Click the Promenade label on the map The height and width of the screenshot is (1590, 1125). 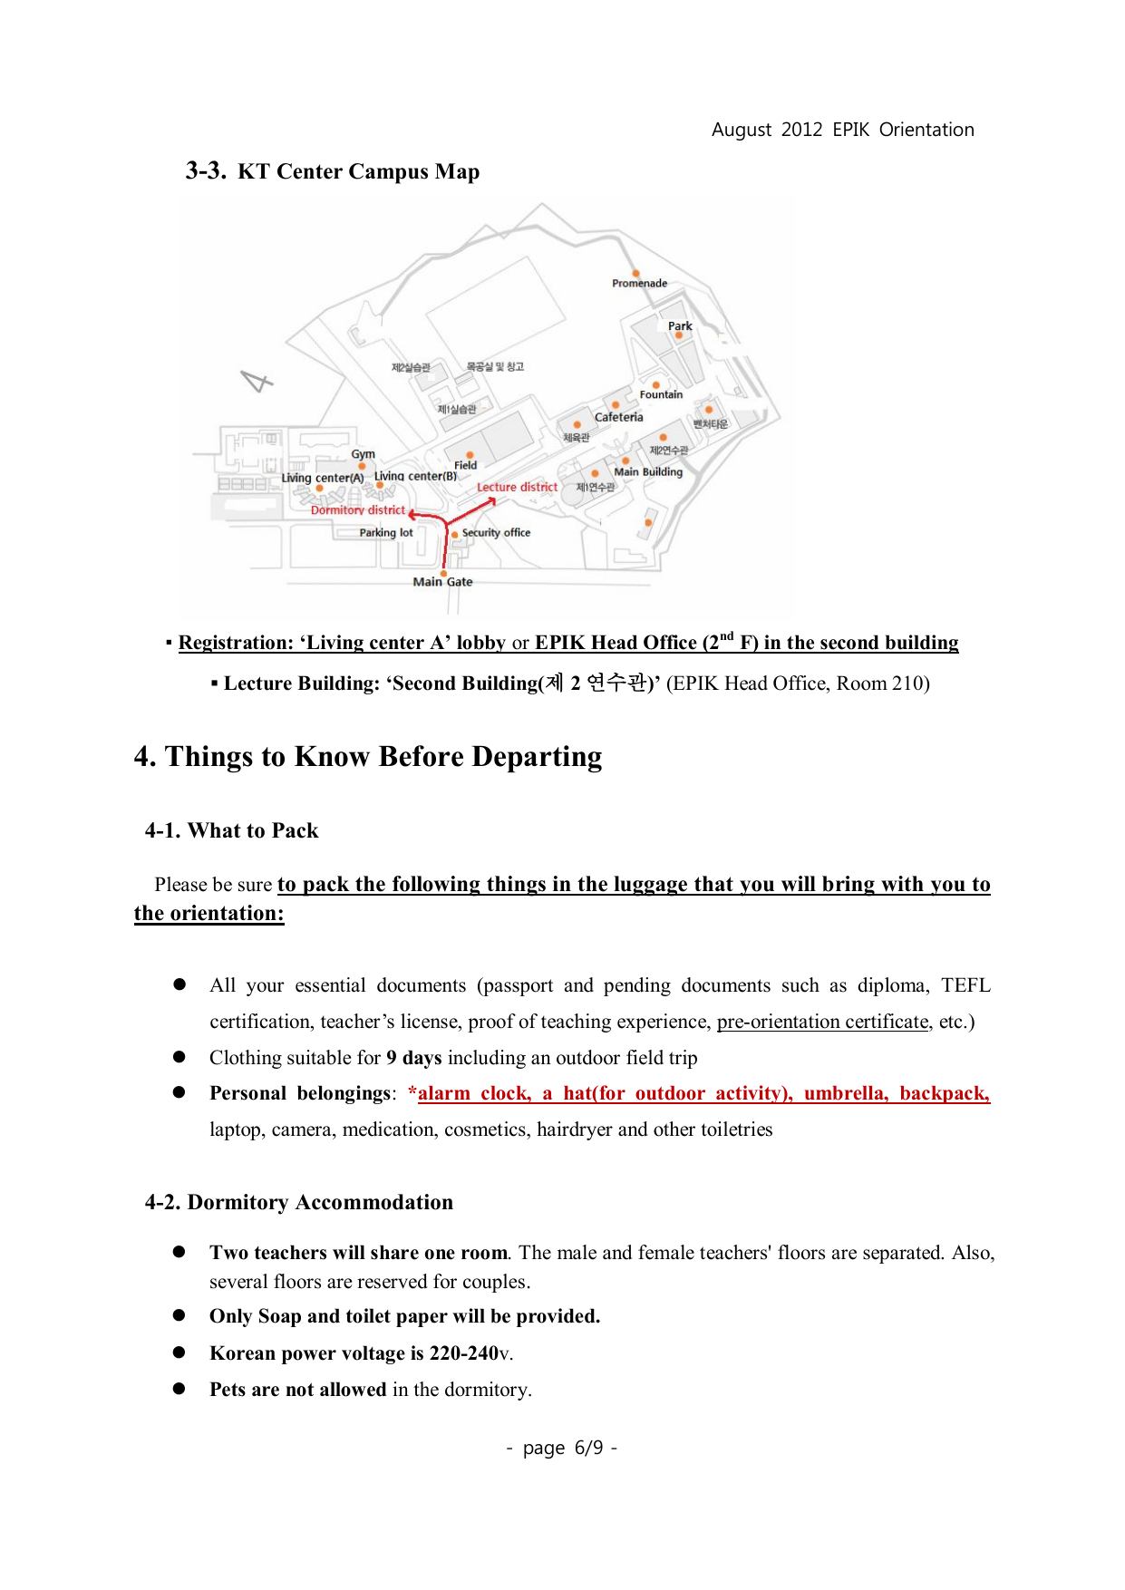[639, 284]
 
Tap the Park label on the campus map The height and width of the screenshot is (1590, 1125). [680, 326]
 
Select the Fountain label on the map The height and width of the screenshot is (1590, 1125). [661, 394]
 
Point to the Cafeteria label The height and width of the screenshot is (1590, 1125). [619, 417]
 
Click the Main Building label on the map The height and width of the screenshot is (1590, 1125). [648, 471]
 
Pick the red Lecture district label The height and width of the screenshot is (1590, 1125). [517, 487]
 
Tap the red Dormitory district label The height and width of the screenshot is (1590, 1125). [358, 510]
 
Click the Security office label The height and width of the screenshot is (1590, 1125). [496, 533]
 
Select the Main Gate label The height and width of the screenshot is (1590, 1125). [442, 582]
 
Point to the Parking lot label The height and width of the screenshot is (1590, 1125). [385, 533]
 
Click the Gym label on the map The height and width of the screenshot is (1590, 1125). [363, 454]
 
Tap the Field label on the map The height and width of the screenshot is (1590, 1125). [465, 465]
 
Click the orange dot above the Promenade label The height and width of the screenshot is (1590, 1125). [636, 273]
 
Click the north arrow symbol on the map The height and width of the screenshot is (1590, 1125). [257, 382]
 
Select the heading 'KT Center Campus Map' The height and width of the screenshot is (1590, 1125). [358, 171]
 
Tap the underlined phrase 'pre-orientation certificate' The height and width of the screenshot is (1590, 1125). [823, 1022]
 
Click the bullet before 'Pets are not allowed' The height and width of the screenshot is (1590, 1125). [179, 1389]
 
